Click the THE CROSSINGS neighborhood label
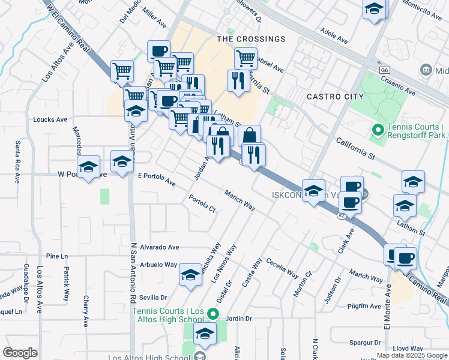click(251, 39)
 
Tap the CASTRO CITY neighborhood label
click(335, 96)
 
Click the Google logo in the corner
click(20, 353)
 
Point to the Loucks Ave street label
click(50, 119)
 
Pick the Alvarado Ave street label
click(160, 247)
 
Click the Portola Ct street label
click(202, 204)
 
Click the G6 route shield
click(384, 70)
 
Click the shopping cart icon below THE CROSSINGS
click(246, 58)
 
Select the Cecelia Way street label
click(283, 268)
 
